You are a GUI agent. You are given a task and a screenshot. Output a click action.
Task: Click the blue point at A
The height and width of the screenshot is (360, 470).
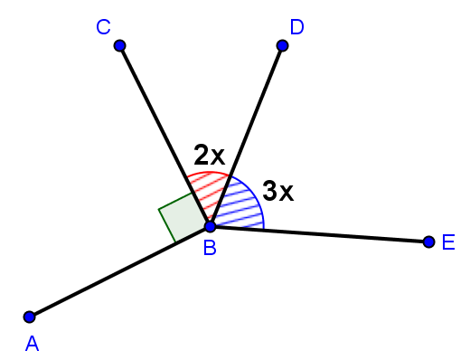(x=30, y=317)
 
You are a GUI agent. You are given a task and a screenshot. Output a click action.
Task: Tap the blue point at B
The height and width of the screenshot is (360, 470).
(x=210, y=226)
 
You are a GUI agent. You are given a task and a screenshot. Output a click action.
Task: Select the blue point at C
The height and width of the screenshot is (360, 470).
(x=120, y=45)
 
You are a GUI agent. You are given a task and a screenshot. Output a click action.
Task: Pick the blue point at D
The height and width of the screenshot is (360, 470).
(x=282, y=45)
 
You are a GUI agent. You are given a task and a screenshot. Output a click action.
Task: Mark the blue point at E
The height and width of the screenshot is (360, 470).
(x=428, y=242)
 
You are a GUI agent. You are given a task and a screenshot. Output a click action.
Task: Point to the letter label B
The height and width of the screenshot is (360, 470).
(x=209, y=247)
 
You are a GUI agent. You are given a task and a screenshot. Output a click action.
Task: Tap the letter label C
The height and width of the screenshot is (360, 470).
(x=103, y=28)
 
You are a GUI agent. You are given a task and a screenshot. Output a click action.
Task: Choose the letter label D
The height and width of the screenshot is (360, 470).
(x=296, y=27)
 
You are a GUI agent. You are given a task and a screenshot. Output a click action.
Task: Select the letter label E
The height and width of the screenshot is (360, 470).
(x=448, y=243)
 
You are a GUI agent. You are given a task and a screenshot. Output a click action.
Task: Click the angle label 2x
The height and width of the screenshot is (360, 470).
(x=210, y=155)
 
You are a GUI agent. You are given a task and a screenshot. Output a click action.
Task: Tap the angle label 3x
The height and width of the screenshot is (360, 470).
(x=278, y=191)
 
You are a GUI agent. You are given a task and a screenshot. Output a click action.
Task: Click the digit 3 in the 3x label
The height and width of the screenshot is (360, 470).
(x=270, y=191)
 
